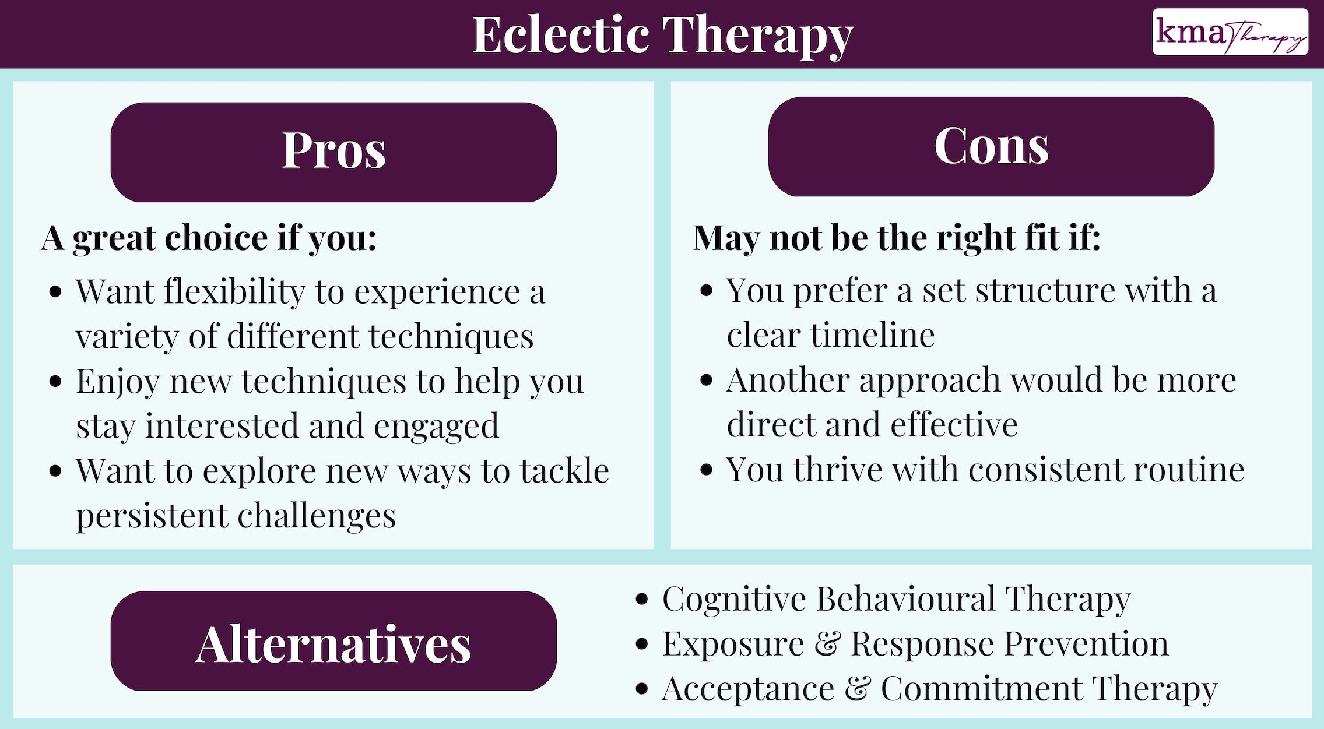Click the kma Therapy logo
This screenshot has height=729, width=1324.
(1230, 32)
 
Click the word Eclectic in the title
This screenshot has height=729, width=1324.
(560, 35)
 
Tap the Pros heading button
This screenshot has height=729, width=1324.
(333, 152)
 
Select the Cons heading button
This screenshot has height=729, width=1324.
(991, 146)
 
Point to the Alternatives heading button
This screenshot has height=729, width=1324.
(333, 641)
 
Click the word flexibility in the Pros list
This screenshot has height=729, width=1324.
(234, 291)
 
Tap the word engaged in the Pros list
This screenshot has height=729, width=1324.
(436, 427)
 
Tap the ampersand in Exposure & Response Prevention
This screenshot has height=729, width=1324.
(827, 644)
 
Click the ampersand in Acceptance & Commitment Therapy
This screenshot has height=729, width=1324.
(858, 689)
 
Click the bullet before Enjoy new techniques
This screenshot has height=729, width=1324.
(56, 382)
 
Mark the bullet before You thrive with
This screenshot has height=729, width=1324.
(706, 470)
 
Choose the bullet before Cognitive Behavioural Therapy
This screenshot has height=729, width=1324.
(642, 600)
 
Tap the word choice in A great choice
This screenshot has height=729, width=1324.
(216, 238)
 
